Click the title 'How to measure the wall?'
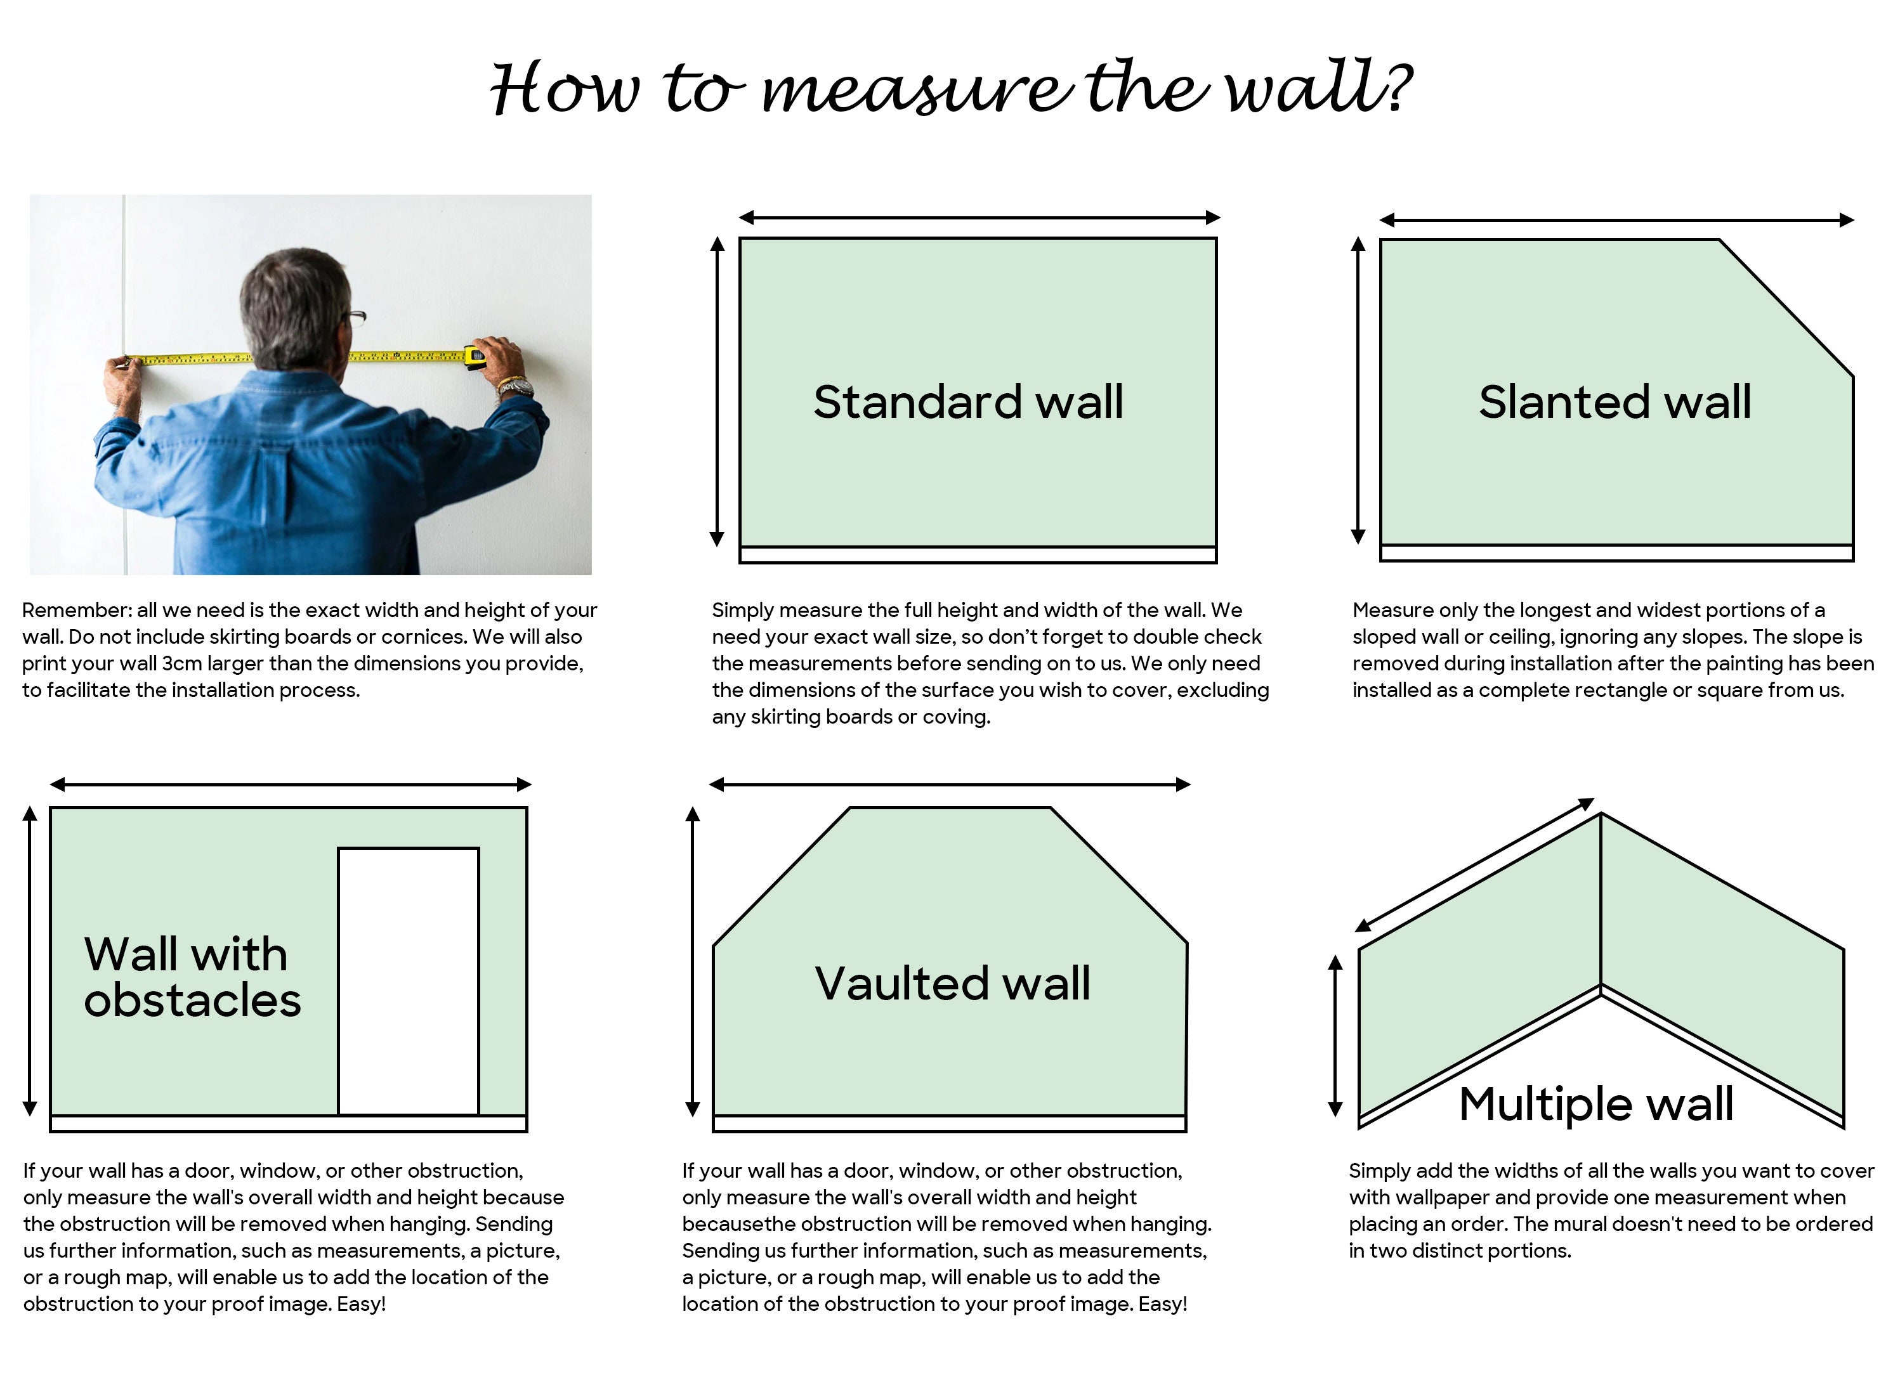(951, 87)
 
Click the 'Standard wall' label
(968, 402)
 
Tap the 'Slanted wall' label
(1614, 402)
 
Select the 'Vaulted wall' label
(952, 983)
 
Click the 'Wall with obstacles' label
(192, 977)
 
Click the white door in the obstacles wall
(409, 982)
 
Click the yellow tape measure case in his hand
(475, 358)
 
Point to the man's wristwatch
(514, 387)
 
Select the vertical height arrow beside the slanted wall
(1358, 390)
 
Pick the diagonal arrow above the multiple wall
(1474, 864)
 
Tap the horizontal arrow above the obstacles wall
(291, 784)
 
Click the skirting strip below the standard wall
(978, 556)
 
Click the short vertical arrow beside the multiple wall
(1335, 1036)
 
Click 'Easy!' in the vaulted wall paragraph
(1162, 1305)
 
